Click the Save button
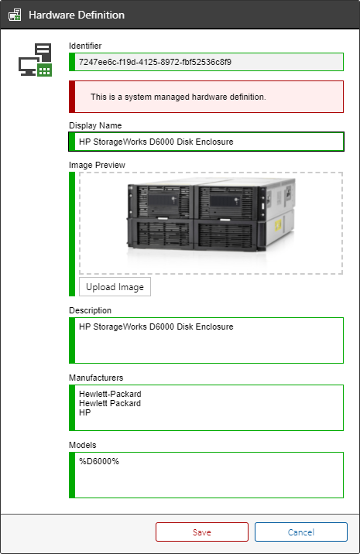click(x=202, y=532)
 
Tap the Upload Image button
click(x=115, y=287)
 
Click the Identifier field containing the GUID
click(x=206, y=62)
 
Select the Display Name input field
click(x=206, y=142)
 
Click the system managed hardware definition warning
click(x=206, y=97)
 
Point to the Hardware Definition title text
click(x=77, y=15)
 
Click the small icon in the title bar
click(x=15, y=15)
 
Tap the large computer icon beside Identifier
click(x=36, y=60)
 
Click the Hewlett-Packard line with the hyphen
click(x=110, y=394)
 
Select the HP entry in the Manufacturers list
click(x=85, y=412)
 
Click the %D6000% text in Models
click(x=99, y=461)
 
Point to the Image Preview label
click(x=97, y=165)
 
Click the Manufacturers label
click(x=96, y=378)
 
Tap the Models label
click(x=82, y=445)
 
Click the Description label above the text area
click(x=90, y=310)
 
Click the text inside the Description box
click(x=156, y=327)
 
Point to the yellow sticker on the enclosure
click(x=278, y=224)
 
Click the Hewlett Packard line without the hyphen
click(x=110, y=403)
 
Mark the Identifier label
click(x=85, y=46)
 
